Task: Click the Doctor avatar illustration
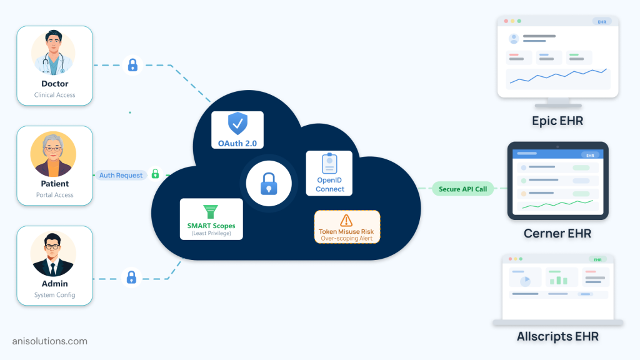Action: coord(53,54)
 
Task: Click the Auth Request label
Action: coord(121,175)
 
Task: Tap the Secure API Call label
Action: coord(463,189)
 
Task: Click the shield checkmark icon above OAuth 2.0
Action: coord(237,124)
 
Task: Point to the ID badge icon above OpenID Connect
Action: coord(329,164)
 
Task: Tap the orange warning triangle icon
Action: coord(346,221)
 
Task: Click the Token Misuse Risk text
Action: coord(346,231)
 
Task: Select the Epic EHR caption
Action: coord(557,121)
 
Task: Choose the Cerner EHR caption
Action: coord(557,234)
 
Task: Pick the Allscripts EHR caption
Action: coord(557,337)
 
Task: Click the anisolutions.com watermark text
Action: coord(50,341)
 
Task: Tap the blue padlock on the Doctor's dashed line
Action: coord(132,65)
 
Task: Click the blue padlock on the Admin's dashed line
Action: coord(131,277)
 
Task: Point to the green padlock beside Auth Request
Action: coord(155,174)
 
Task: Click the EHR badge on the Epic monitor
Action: coord(601,22)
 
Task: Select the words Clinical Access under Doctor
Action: coord(55,95)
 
